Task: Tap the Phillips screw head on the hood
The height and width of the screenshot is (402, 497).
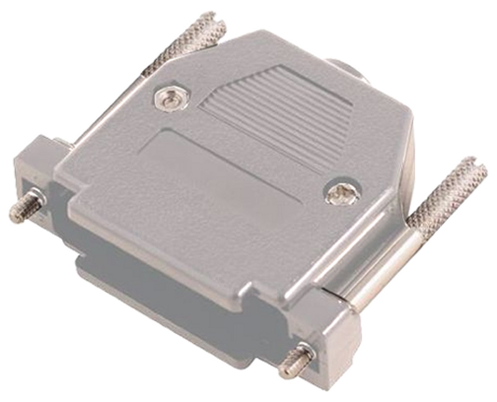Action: tap(342, 193)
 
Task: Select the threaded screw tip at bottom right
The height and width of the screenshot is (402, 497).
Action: tap(295, 361)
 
